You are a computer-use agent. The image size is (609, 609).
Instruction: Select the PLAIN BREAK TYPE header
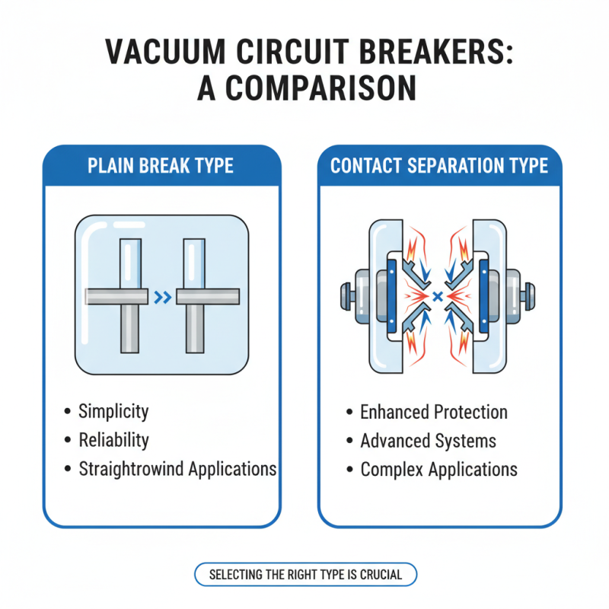coord(161,166)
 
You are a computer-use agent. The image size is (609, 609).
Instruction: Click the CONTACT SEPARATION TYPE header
coord(439,166)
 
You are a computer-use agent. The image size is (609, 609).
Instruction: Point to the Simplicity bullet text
coord(113,412)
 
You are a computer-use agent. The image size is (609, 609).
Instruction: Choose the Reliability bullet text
coord(113,440)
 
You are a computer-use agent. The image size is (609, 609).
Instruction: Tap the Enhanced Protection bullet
coord(434,413)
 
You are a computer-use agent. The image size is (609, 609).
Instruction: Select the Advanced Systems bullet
coord(428,441)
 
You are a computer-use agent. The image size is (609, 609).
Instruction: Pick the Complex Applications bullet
coord(438,469)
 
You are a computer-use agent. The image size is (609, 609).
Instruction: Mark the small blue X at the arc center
coord(438,295)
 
